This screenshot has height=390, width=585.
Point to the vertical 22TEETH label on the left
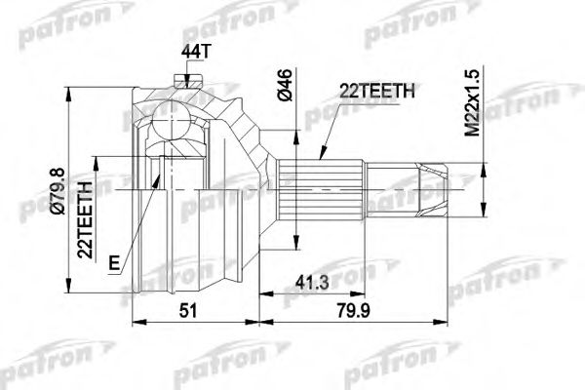87,216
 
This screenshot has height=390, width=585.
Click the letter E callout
115,260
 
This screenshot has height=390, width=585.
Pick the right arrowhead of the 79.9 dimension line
450,318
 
